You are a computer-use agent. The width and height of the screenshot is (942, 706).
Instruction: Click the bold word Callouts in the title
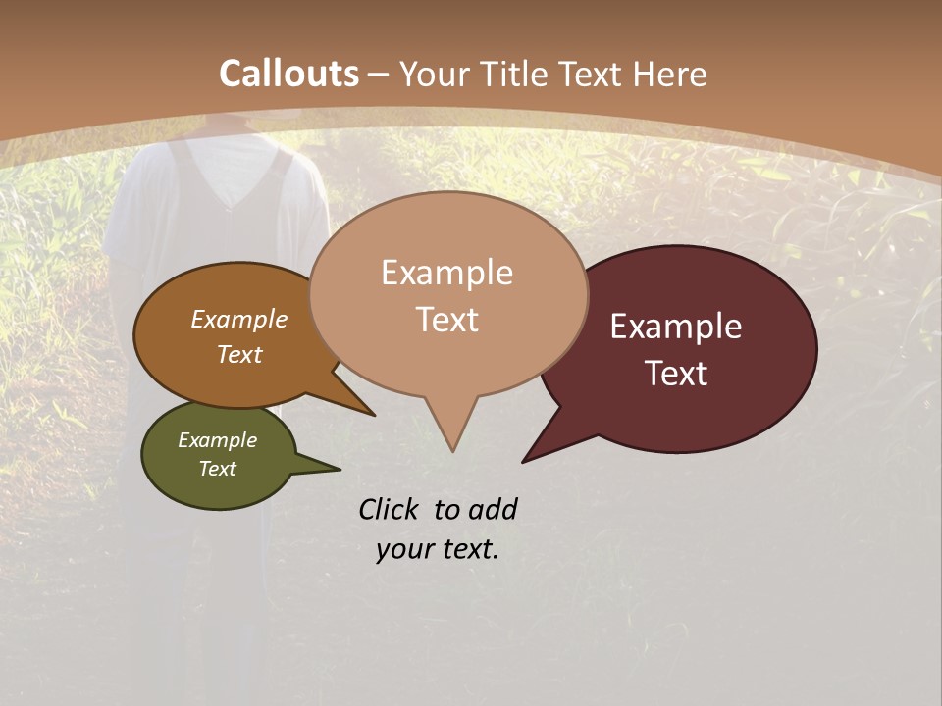[288, 74]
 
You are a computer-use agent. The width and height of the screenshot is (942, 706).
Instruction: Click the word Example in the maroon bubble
[676, 327]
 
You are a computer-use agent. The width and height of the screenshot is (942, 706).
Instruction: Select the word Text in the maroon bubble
[676, 374]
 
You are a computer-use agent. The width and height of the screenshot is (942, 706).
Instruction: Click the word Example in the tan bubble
[446, 273]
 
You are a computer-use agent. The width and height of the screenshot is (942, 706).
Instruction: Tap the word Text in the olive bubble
[217, 469]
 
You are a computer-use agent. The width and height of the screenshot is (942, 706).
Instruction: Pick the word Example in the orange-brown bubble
[238, 320]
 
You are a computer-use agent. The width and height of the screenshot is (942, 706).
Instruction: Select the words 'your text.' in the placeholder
[438, 550]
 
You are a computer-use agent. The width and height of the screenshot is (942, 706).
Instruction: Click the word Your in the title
[433, 74]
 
